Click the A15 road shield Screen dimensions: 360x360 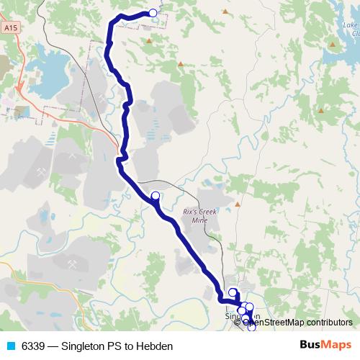[9, 27]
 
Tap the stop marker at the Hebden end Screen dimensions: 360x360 [153, 12]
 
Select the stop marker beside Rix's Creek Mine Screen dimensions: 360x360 [155, 195]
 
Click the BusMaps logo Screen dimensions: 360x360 [325, 346]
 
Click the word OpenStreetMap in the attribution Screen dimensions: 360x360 [278, 323]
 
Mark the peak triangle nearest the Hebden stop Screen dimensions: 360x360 [149, 41]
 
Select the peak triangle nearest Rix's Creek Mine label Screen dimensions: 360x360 [237, 204]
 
